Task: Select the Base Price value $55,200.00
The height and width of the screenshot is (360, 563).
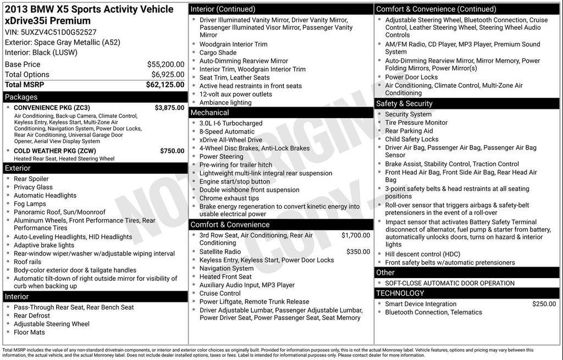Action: (165, 64)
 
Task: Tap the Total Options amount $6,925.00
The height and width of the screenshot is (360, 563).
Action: (168, 75)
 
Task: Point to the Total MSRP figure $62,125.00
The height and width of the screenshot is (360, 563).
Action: (165, 85)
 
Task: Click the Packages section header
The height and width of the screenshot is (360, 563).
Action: (21, 97)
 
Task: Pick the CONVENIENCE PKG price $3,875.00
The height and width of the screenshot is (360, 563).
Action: (169, 108)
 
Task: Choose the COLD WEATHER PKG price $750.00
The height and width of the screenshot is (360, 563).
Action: (172, 151)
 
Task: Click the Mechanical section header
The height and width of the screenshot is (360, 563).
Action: (209, 113)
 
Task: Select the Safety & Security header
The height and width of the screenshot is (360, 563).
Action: (404, 103)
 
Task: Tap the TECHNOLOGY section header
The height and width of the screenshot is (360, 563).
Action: (400, 293)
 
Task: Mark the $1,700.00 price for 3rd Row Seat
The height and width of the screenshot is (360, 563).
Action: (356, 235)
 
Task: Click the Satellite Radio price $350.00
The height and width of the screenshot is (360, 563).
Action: (358, 252)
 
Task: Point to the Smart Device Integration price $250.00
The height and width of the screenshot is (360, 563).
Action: (544, 304)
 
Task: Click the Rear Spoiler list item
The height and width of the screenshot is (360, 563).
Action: (31, 179)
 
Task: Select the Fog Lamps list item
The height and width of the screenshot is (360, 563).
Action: (30, 204)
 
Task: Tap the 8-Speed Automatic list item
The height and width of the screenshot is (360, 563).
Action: (227, 132)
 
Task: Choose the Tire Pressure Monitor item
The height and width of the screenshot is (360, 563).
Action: (416, 123)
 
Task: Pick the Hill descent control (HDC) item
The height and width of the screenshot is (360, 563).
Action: (422, 254)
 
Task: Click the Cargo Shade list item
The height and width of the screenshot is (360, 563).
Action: (218, 53)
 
